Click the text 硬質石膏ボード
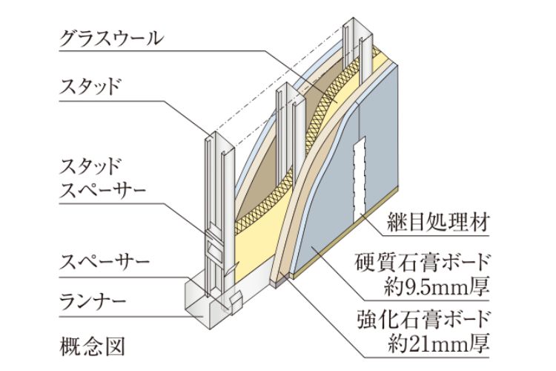tap(429, 263)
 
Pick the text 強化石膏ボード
tap(429, 320)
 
